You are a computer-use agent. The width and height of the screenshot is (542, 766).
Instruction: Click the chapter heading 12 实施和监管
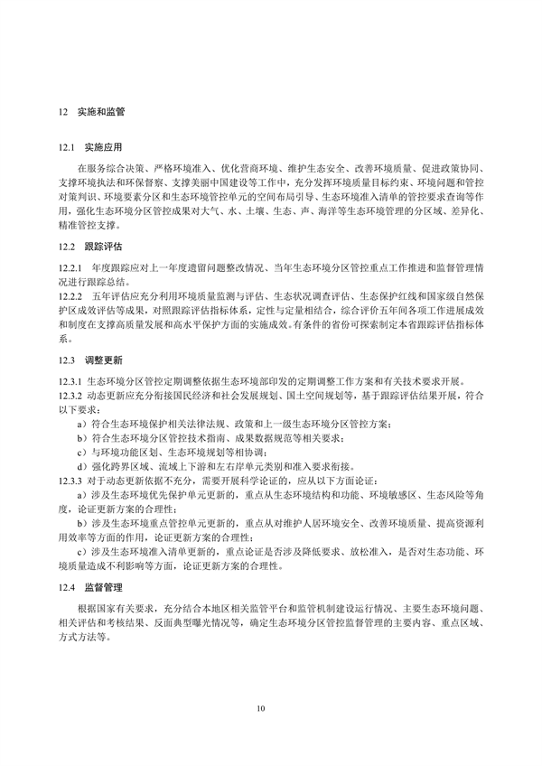(x=90, y=114)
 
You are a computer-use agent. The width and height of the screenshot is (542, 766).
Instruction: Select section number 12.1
(x=66, y=146)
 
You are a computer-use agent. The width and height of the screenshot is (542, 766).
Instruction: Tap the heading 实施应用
(x=103, y=146)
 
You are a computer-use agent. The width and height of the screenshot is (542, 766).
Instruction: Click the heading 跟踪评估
(x=103, y=245)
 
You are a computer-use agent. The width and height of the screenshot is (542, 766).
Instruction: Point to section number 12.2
(x=66, y=245)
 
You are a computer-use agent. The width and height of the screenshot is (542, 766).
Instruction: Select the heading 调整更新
(x=103, y=359)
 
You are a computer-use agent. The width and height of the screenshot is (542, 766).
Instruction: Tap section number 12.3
(x=66, y=359)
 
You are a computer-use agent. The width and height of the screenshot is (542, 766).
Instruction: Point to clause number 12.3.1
(x=69, y=382)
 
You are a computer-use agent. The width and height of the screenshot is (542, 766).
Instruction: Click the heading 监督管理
(x=103, y=586)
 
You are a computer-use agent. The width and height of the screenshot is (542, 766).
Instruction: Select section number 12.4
(x=66, y=586)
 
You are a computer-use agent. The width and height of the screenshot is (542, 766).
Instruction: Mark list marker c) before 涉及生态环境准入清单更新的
(x=81, y=552)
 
